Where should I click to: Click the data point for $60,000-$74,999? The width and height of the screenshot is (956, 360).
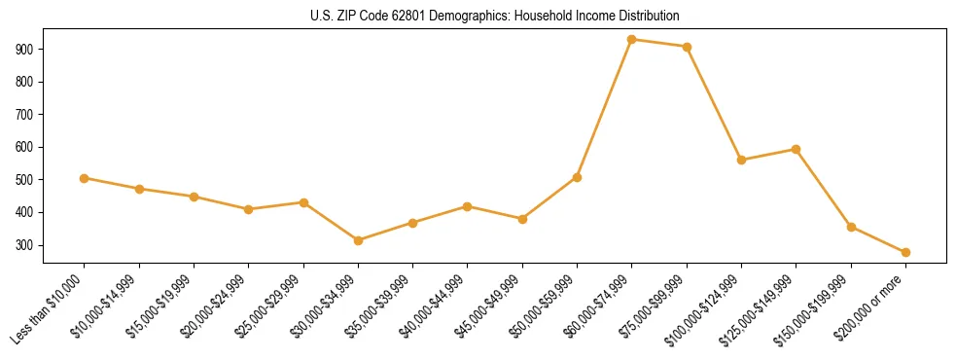pos(632,40)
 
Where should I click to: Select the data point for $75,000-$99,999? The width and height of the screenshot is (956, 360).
pos(687,47)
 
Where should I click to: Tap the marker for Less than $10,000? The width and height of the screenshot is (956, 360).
pos(85,178)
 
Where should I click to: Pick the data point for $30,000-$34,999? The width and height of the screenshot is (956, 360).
pos(359,240)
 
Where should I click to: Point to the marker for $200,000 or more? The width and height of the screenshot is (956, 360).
pos(905,252)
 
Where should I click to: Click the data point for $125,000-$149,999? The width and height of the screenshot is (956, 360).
pos(797,150)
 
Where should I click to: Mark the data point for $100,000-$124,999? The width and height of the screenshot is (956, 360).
pos(742,160)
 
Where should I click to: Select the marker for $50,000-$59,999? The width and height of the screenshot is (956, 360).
pos(578,177)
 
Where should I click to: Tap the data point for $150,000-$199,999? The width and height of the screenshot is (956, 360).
pos(851,227)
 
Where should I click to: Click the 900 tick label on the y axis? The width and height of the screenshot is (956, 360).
pos(25,49)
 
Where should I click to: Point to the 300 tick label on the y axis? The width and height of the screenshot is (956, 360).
pos(25,245)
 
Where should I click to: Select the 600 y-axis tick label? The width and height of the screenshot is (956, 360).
pos(25,147)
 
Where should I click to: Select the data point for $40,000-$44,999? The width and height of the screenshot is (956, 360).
pos(468,206)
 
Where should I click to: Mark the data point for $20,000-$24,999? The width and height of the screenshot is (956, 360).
pos(249,209)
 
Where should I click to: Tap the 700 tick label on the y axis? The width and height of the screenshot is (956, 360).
pos(25,114)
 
